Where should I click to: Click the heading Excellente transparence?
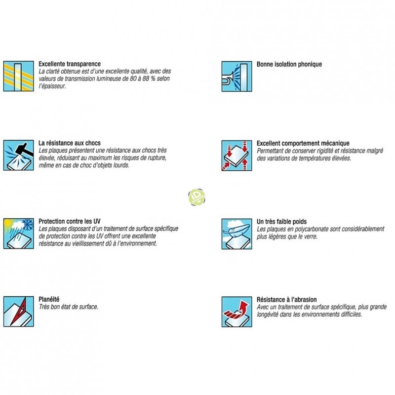(70, 64)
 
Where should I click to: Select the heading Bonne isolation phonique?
(289, 64)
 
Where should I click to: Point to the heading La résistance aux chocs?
(70, 143)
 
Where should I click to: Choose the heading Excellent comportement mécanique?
(303, 143)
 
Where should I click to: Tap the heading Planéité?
(49, 299)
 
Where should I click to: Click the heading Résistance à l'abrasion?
(287, 299)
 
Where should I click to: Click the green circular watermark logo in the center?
(197, 197)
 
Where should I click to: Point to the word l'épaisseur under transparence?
(52, 85)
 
